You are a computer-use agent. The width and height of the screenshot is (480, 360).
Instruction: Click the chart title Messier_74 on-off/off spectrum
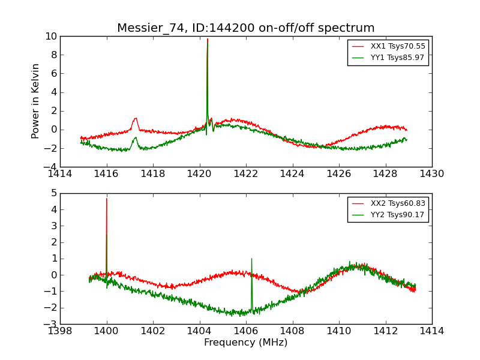(x=245, y=28)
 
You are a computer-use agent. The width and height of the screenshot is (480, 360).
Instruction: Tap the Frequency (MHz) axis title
(x=245, y=343)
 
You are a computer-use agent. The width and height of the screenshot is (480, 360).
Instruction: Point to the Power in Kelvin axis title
(x=36, y=101)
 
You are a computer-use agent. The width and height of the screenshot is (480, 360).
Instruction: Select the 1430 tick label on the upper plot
(x=431, y=173)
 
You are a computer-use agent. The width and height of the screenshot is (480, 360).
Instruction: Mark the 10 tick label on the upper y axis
(x=50, y=37)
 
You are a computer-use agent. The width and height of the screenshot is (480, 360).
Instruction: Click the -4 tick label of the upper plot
(x=50, y=167)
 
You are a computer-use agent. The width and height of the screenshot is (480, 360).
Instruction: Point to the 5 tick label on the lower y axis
(x=53, y=193)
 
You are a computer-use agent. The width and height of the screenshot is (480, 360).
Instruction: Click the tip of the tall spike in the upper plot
(x=208, y=39)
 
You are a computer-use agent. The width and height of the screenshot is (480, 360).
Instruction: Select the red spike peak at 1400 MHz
(x=107, y=199)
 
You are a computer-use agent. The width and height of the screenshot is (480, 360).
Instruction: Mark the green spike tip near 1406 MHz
(x=251, y=259)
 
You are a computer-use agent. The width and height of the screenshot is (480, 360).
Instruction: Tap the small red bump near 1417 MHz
(x=136, y=118)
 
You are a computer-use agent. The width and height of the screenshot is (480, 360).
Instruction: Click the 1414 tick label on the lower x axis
(x=431, y=331)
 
